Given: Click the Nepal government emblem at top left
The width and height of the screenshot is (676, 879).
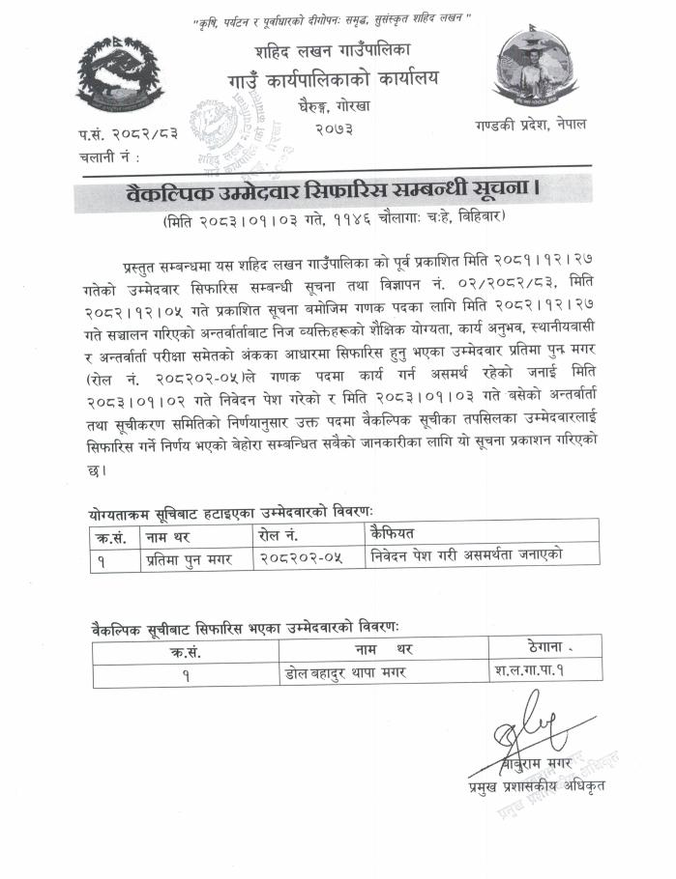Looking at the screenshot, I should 120,73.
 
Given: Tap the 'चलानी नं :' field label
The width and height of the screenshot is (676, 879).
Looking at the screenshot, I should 108,155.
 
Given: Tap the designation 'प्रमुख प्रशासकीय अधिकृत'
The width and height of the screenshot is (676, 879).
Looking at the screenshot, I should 534,787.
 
